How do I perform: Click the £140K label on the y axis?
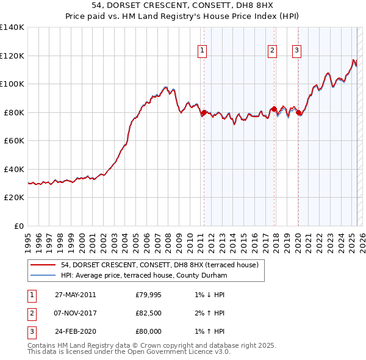click(12, 27)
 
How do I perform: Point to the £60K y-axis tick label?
click(14, 140)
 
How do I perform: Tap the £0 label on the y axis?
click(19, 226)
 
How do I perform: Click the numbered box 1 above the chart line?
click(202, 51)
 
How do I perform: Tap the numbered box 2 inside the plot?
click(272, 51)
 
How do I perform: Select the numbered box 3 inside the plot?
click(296, 51)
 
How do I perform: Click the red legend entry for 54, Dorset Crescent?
click(160, 265)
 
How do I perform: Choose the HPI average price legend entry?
click(143, 275)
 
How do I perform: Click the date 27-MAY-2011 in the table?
click(75, 295)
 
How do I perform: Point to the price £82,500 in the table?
click(148, 313)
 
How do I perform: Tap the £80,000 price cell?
click(148, 331)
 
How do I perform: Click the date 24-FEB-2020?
click(75, 331)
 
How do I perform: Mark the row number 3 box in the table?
click(31, 331)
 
